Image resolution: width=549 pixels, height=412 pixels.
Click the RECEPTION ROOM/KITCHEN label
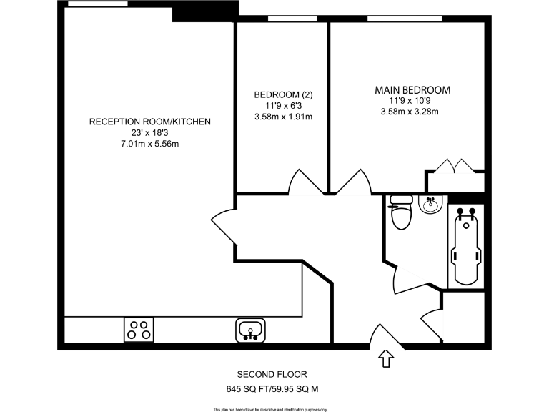(x=149, y=122)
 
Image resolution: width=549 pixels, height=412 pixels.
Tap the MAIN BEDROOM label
(x=412, y=90)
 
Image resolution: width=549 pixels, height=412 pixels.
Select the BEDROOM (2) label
(x=284, y=95)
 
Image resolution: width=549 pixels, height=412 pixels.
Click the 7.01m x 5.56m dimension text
(x=149, y=144)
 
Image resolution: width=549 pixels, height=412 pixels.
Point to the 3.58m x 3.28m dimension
(x=410, y=112)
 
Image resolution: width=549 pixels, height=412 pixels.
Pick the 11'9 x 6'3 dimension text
(x=284, y=106)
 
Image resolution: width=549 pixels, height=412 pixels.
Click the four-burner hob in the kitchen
(x=139, y=329)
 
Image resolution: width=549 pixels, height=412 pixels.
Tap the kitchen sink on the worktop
(x=250, y=329)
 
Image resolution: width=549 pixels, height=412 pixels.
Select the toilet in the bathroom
(x=402, y=215)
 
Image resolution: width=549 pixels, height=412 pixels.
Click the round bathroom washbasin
(x=430, y=206)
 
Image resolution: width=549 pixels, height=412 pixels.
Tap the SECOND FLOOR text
(x=272, y=374)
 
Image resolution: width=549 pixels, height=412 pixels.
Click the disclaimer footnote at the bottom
(x=274, y=408)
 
